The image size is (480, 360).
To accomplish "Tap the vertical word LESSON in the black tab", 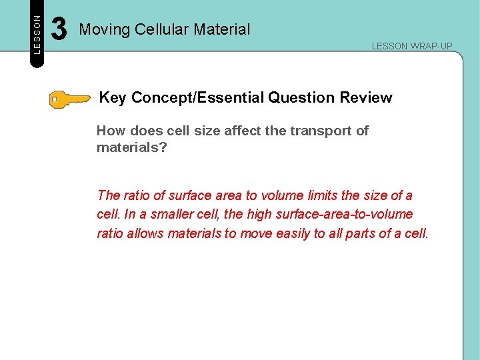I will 37,34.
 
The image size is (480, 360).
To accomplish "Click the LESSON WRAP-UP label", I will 412,46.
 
